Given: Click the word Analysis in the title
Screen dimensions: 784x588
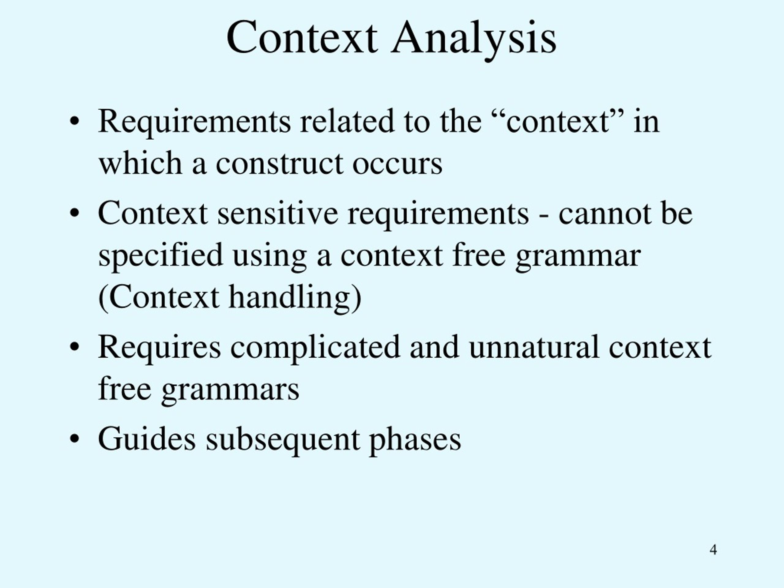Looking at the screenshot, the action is (x=473, y=38).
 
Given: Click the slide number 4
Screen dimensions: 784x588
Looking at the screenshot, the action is (x=714, y=550).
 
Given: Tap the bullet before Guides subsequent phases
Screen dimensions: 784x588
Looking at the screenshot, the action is (x=74, y=439).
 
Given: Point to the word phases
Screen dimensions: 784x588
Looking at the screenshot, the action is (x=415, y=440).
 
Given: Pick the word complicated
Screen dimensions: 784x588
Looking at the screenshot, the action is (x=315, y=347).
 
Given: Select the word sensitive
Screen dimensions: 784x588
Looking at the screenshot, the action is (x=277, y=214).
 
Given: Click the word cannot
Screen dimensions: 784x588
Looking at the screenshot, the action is (x=605, y=214).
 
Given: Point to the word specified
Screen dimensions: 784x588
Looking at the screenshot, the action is (x=160, y=256).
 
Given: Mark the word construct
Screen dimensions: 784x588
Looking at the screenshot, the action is (x=279, y=164).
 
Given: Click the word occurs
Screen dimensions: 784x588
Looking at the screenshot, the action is (x=397, y=164).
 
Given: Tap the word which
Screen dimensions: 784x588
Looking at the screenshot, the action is (x=140, y=164).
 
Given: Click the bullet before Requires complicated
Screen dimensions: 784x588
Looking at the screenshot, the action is (x=74, y=347).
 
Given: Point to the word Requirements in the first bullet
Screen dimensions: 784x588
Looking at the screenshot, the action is (x=194, y=122).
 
